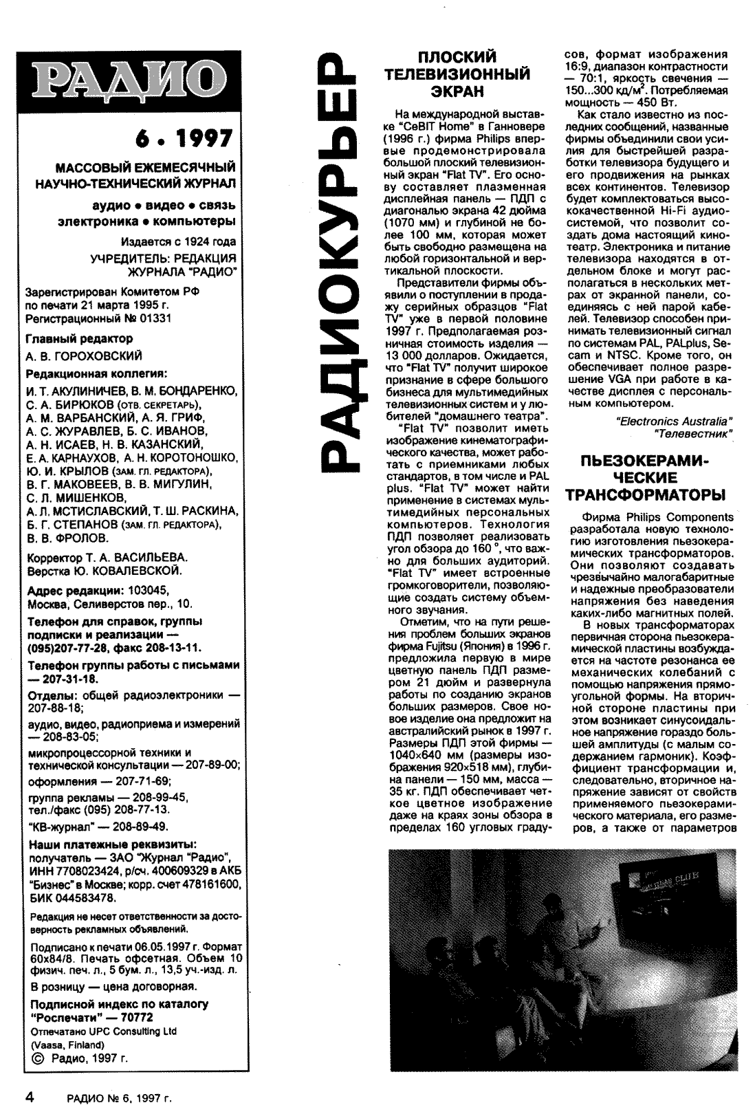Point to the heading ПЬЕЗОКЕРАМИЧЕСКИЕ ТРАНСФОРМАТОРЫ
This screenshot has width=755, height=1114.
(646, 477)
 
